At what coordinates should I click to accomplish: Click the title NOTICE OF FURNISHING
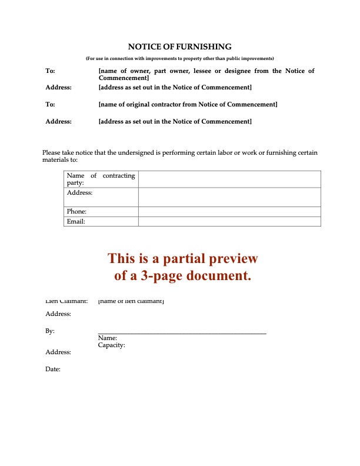[x=180, y=46]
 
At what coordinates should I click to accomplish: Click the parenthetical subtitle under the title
[x=180, y=58]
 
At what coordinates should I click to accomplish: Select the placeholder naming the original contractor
[x=188, y=104]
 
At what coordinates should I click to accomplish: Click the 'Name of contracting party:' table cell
[x=101, y=179]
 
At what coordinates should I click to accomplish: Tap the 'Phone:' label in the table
[x=77, y=211]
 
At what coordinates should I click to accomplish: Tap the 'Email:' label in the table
[x=76, y=221]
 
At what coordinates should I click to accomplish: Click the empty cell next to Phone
[x=229, y=211]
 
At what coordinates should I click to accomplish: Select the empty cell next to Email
[x=229, y=221]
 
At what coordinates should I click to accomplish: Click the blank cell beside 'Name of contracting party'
[x=229, y=179]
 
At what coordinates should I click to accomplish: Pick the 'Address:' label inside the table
[x=80, y=192]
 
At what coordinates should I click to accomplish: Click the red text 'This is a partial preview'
[x=182, y=259]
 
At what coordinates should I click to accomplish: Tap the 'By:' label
[x=50, y=331]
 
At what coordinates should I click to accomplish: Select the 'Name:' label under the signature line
[x=108, y=338]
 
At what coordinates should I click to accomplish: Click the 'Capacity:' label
[x=112, y=345]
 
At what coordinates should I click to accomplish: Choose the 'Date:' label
[x=53, y=369]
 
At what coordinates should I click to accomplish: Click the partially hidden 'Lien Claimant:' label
[x=66, y=302]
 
